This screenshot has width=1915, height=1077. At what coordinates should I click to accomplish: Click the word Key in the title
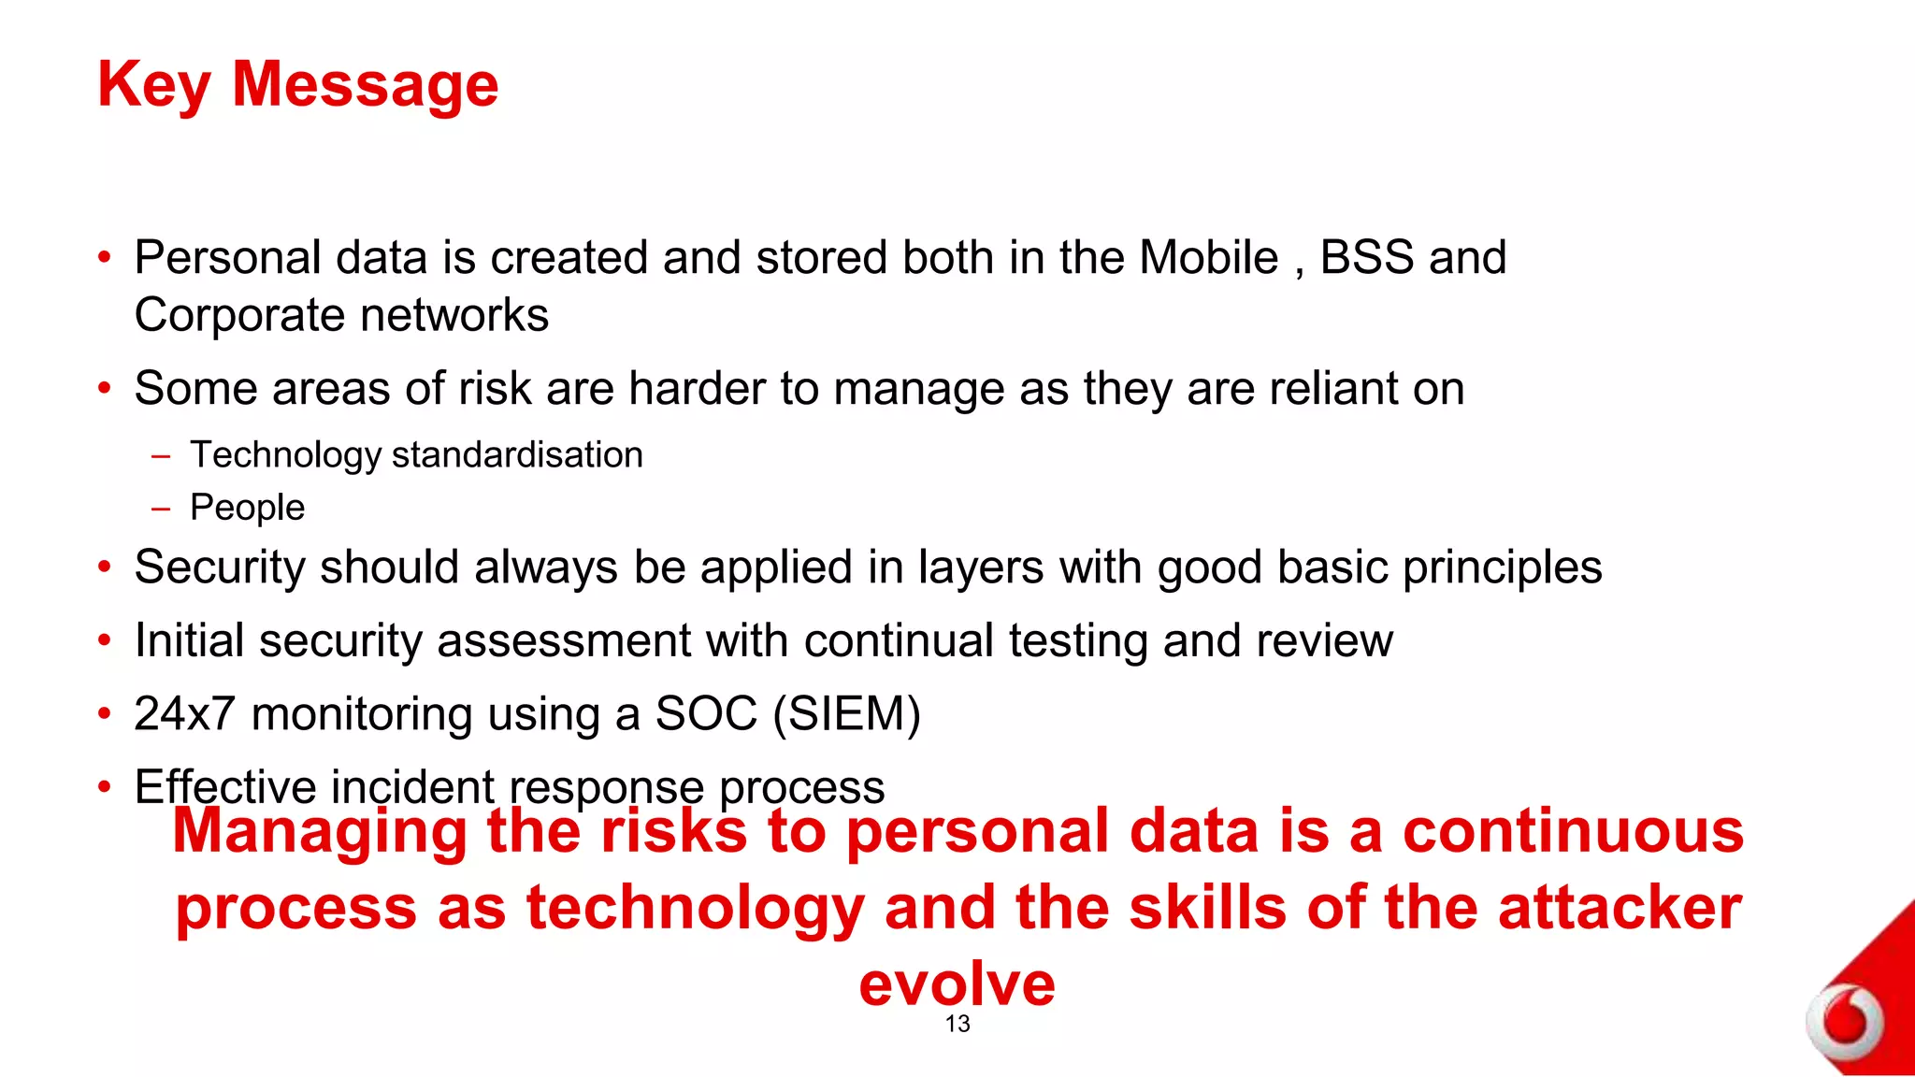153,86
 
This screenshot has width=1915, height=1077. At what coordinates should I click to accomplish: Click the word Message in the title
365,86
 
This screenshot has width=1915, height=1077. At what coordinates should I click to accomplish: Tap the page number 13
957,1024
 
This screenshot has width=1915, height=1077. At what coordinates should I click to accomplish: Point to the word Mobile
1208,258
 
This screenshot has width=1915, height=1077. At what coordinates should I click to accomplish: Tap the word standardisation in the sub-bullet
517,455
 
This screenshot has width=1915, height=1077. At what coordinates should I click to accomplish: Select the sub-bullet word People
247,508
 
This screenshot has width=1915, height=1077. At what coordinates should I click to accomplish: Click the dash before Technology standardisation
161,456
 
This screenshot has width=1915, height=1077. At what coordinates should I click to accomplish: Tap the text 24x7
184,714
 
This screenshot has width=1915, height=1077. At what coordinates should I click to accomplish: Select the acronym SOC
705,714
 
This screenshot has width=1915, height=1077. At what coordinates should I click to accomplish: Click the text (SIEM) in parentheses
847,714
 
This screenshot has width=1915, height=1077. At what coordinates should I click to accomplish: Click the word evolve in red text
957,984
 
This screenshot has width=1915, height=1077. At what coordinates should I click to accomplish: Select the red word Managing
320,831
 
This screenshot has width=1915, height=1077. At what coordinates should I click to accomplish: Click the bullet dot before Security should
105,567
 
